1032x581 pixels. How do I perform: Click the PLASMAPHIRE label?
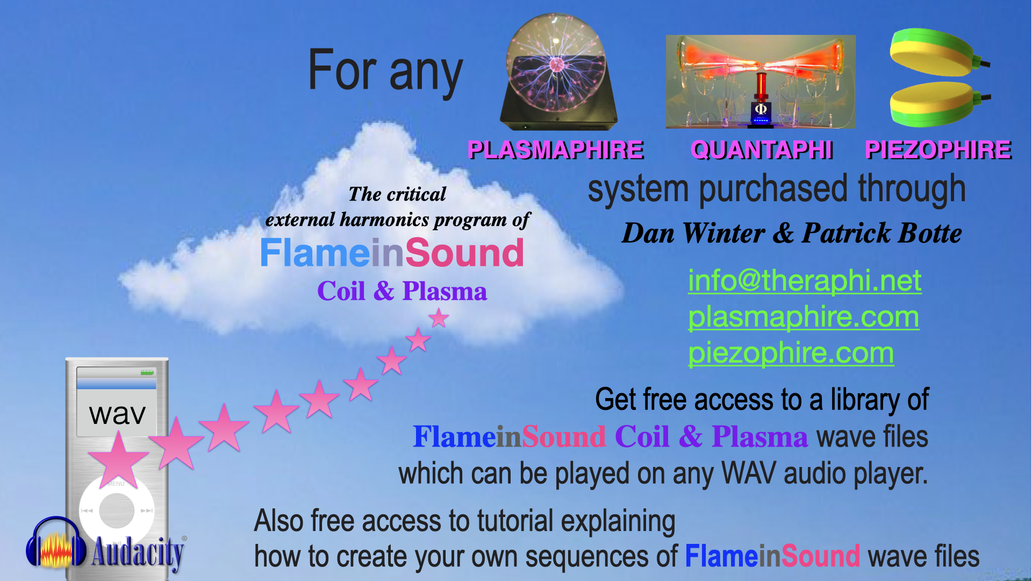(x=556, y=150)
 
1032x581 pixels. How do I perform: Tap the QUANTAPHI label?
(x=762, y=150)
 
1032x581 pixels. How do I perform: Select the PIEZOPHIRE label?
(x=938, y=150)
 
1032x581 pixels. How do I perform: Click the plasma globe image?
(x=558, y=72)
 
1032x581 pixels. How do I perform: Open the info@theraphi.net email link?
(x=805, y=280)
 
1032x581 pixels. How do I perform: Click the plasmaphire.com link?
(x=804, y=317)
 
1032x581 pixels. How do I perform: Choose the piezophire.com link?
(x=791, y=353)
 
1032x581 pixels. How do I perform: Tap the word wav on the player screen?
(x=118, y=414)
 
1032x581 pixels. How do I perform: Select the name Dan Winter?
(x=693, y=233)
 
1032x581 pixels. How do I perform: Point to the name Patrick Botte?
(x=881, y=233)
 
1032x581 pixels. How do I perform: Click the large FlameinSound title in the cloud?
(x=392, y=253)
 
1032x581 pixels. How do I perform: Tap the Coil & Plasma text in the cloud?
(x=402, y=291)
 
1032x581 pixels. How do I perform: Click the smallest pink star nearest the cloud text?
(x=439, y=318)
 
